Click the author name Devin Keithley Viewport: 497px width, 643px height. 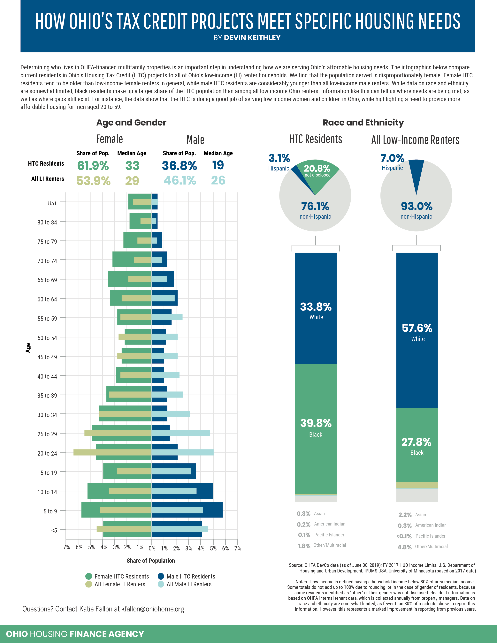252,38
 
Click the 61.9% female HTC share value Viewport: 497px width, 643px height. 93,166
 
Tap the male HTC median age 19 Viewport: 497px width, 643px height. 218,165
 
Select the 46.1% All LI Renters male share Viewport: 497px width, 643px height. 180,180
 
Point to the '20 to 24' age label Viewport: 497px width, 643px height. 47,453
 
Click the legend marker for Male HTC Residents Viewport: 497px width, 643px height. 161,576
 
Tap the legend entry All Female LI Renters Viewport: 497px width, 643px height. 119,584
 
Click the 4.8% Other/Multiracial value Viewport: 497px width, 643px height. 404,547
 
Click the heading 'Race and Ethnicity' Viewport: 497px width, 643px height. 363,123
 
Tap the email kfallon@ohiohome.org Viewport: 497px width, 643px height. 153,609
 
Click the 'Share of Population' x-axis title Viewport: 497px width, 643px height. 150,561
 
